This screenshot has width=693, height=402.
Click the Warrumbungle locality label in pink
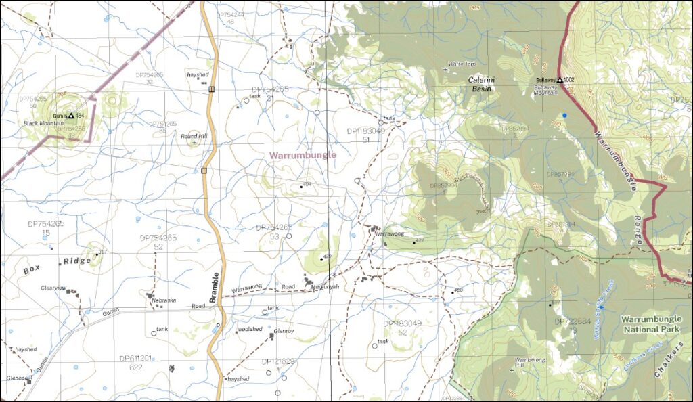tap(303, 155)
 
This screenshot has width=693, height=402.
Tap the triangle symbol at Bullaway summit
tap(560, 80)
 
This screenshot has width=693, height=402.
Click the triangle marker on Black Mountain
tap(71, 116)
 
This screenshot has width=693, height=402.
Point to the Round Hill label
tap(194, 135)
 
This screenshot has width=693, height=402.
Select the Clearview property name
tap(53, 288)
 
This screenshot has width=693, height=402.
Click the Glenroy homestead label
tap(285, 331)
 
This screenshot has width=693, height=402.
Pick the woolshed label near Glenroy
tap(249, 329)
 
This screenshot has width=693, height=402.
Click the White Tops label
tap(463, 64)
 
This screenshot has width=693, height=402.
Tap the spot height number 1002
tap(568, 80)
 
